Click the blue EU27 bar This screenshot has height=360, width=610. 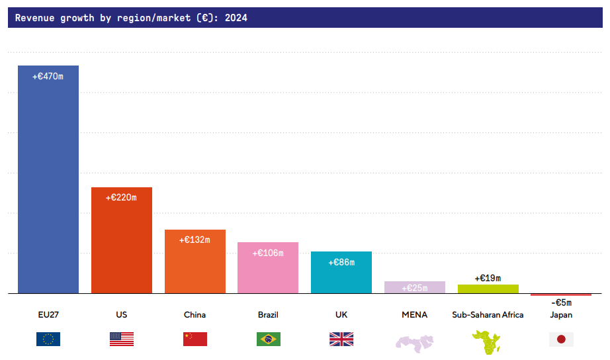click(48, 179)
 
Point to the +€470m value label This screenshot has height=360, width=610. click(48, 77)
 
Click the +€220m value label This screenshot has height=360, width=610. click(121, 198)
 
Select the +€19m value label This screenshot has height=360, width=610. click(488, 278)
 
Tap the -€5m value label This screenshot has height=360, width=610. click(561, 302)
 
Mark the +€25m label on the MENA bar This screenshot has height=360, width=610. click(415, 288)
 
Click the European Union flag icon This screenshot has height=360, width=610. click(48, 339)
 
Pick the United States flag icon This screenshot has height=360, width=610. click(121, 339)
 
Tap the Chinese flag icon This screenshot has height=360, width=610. click(195, 339)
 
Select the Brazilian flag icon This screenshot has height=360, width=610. click(268, 339)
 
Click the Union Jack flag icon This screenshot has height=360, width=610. click(341, 339)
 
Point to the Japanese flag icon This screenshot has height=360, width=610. click(561, 339)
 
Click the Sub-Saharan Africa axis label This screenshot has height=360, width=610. click(488, 315)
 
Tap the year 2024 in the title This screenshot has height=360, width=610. click(236, 18)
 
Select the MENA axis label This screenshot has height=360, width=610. click(415, 315)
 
